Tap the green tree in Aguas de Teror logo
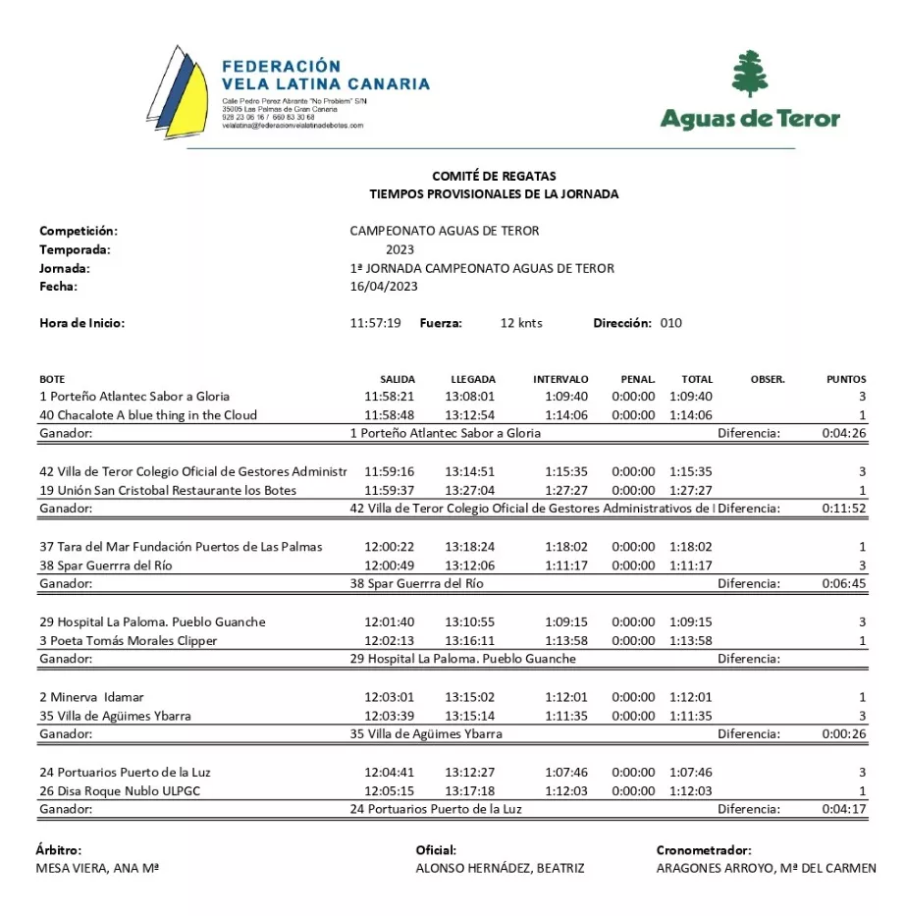750,74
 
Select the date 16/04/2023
384,287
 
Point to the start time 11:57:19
375,323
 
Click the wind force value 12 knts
521,323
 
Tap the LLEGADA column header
473,379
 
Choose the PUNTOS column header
846,379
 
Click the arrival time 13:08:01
470,397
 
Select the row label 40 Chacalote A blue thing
148,415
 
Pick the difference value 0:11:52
844,509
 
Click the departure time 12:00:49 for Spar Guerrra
389,566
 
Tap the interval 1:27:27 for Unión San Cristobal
566,491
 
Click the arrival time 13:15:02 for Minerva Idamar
470,697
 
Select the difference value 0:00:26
844,734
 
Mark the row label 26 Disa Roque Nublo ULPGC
120,791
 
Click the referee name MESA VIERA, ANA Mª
98,869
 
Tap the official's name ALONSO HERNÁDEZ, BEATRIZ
501,869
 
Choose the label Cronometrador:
704,850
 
